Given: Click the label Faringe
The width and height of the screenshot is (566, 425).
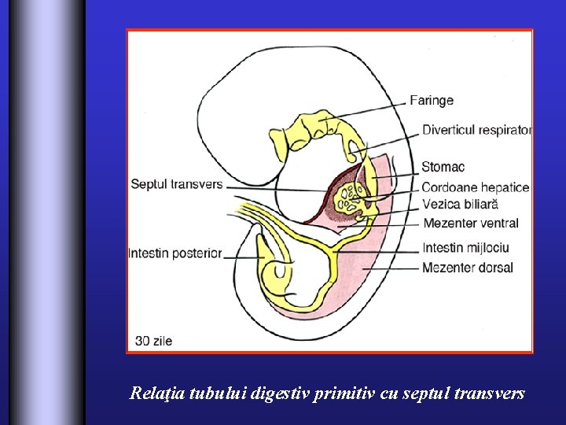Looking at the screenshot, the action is [x=432, y=101].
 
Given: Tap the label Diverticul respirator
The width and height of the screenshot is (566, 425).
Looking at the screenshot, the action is [x=476, y=130].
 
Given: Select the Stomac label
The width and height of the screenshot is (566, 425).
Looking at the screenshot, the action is [x=443, y=167].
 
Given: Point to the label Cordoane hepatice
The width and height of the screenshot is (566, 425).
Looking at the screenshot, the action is [x=475, y=187].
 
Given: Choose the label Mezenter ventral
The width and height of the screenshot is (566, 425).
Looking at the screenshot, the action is [x=470, y=224].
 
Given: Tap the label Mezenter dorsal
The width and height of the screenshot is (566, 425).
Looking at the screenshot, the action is [x=467, y=268].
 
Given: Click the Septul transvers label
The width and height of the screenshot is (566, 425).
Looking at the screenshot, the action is [x=176, y=185].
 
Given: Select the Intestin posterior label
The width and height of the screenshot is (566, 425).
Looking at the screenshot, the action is [x=175, y=253].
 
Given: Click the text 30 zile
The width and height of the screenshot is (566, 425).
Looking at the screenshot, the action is [x=153, y=341].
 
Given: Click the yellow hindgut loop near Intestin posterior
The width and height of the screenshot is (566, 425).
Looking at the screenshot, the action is [x=277, y=272].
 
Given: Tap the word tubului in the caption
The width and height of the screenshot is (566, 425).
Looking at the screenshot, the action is [x=217, y=394].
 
